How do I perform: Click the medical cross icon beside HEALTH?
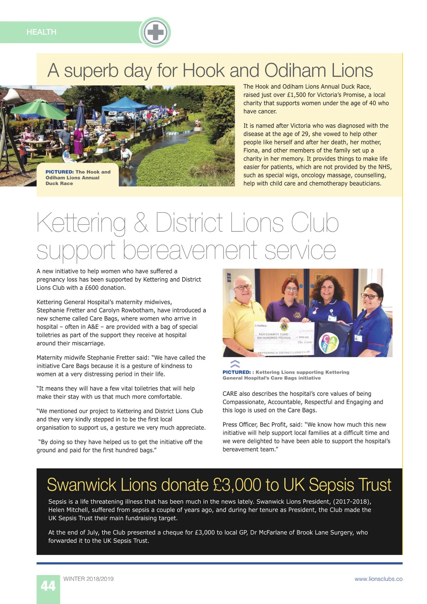155,32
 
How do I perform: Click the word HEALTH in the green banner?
41,32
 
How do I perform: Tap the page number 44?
48,586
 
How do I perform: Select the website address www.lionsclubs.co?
378,579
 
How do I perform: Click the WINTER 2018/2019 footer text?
88,579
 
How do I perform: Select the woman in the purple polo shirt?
290,303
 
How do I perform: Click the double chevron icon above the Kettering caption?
235,364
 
